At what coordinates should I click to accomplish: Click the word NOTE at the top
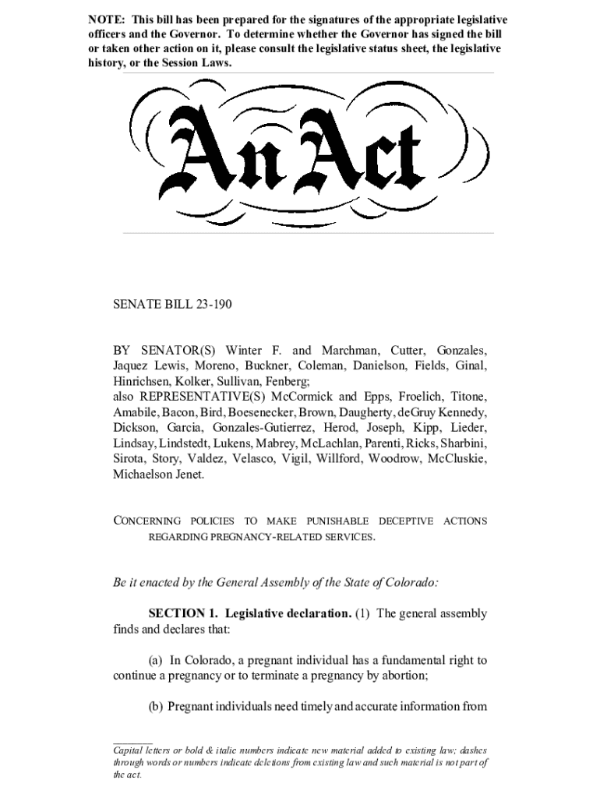click(x=106, y=19)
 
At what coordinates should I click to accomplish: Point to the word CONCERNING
click(x=147, y=521)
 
